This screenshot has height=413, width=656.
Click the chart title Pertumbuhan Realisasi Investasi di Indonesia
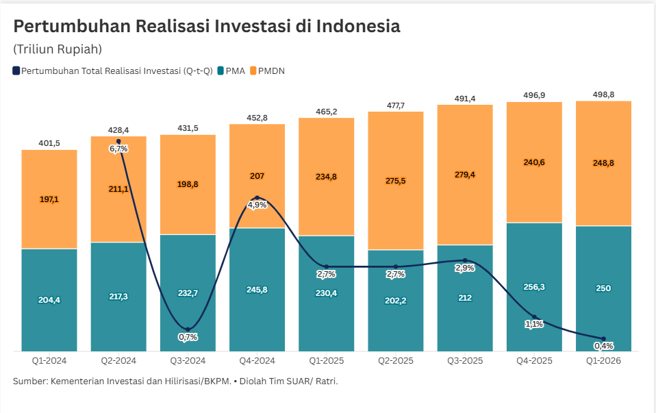[207, 26]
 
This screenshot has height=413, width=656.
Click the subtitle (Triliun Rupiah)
[57, 49]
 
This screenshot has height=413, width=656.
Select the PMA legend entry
[231, 71]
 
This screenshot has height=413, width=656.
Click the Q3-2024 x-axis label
[188, 361]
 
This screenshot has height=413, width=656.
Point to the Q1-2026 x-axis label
[603, 361]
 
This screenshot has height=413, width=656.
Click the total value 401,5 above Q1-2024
[49, 143]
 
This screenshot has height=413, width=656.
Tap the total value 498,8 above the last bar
[603, 95]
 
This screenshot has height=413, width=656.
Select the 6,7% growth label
[118, 149]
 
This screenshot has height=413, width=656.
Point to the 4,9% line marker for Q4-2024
[257, 198]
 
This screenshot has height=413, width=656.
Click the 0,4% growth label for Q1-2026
[603, 346]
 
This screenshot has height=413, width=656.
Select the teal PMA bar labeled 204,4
[49, 299]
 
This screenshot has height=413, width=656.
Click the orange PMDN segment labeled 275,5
[396, 181]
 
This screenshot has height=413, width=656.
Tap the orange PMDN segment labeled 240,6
[534, 162]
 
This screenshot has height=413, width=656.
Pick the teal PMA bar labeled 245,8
[257, 290]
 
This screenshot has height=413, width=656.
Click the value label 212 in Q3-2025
[465, 298]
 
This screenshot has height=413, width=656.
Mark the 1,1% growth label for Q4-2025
[534, 324]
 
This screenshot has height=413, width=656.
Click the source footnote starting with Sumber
[175, 381]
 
